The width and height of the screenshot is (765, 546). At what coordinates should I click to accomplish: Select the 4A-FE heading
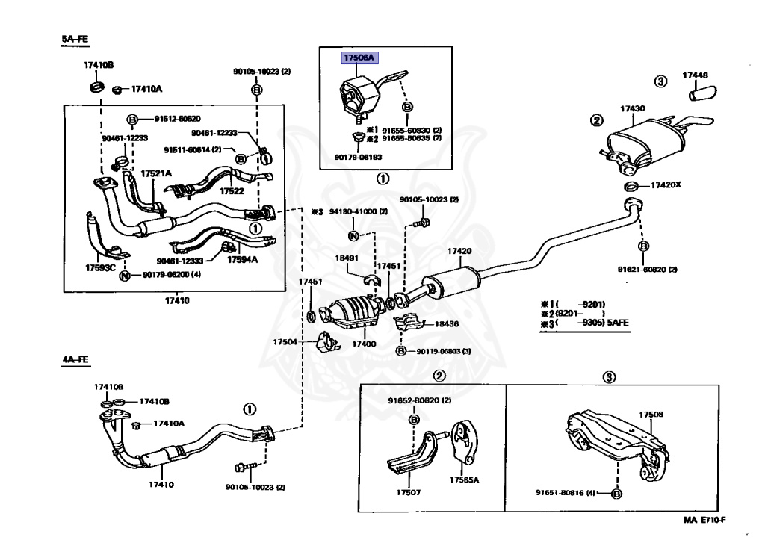tap(75, 359)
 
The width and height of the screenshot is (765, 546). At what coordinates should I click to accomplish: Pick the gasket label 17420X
tap(666, 184)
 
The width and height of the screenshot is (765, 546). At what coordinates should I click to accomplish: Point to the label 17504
tap(285, 341)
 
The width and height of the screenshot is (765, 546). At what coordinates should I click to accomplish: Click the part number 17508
tap(651, 414)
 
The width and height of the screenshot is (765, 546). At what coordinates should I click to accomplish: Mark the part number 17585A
tap(464, 480)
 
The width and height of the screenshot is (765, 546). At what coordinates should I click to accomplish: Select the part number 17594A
tap(244, 260)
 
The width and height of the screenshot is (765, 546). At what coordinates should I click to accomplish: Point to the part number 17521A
tap(156, 173)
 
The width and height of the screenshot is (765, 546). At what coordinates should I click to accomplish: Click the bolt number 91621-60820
tap(645, 269)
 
